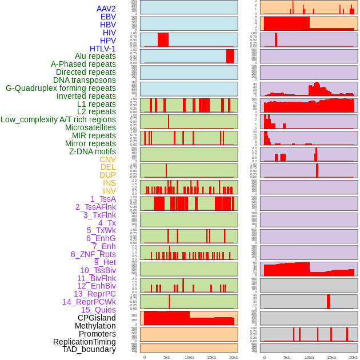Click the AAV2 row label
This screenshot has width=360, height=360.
tap(106, 9)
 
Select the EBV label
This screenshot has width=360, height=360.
tap(108, 17)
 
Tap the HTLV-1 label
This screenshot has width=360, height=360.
tap(103, 49)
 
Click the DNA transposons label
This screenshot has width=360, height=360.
tap(85, 80)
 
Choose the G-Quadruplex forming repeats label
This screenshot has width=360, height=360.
tap(61, 88)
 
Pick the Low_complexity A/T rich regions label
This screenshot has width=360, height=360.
tap(58, 119)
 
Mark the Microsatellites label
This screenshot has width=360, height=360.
tap(90, 127)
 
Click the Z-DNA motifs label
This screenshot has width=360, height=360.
tap(93, 151)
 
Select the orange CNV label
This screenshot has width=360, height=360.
tap(107, 159)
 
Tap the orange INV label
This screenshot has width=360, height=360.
tap(109, 191)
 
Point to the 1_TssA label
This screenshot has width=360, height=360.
tap(103, 199)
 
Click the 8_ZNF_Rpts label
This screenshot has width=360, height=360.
tap(93, 254)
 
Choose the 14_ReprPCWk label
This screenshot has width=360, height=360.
tap(89, 302)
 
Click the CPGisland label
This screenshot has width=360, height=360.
tap(97, 318)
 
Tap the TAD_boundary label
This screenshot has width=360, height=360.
tap(89, 349)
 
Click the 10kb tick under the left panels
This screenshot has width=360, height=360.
tap(189, 357)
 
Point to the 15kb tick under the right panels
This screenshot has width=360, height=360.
tap(331, 357)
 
